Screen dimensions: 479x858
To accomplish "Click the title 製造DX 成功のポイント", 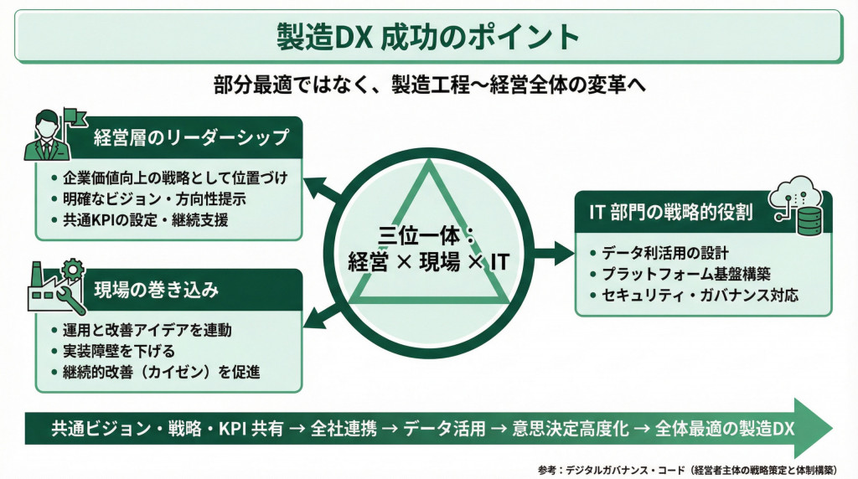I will point(428,36).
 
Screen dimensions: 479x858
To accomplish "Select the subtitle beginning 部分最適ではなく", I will point(428,85).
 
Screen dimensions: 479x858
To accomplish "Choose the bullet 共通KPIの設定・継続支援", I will point(145,222).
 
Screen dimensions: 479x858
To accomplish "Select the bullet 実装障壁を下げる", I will point(116,352).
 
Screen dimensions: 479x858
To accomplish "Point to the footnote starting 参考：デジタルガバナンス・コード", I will point(695,469).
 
